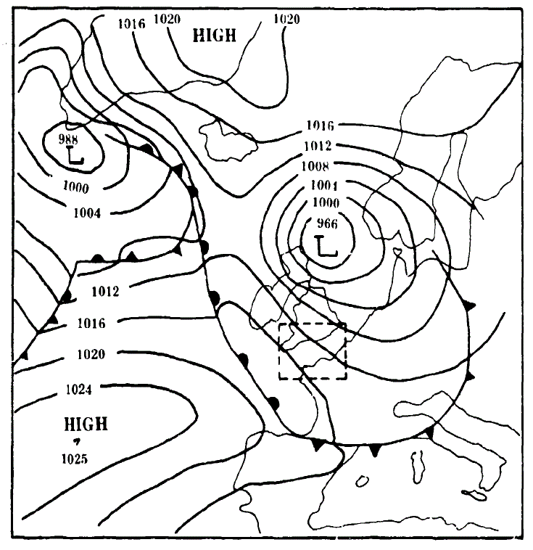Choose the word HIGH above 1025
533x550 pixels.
(86, 423)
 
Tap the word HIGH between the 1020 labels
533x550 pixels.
(214, 35)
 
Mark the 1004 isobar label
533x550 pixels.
(87, 213)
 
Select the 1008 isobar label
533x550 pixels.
(317, 165)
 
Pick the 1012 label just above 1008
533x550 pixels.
(318, 145)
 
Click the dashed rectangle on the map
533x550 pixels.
(313, 351)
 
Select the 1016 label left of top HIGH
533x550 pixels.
(131, 23)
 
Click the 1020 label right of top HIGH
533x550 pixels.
(286, 19)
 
